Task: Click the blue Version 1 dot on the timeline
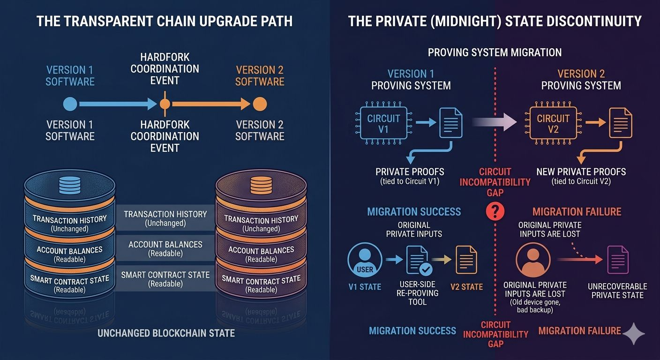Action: tap(70, 104)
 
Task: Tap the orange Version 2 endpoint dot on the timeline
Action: tap(260, 104)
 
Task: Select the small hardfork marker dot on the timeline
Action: tap(165, 104)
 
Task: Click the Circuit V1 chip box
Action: tap(383, 123)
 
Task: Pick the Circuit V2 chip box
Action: tap(553, 123)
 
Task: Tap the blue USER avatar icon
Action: tap(364, 262)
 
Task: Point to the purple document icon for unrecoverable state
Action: tap(618, 260)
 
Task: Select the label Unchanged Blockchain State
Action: tap(166, 334)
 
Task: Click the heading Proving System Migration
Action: tap(495, 52)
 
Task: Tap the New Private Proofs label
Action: tap(581, 172)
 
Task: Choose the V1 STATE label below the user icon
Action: tap(364, 287)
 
